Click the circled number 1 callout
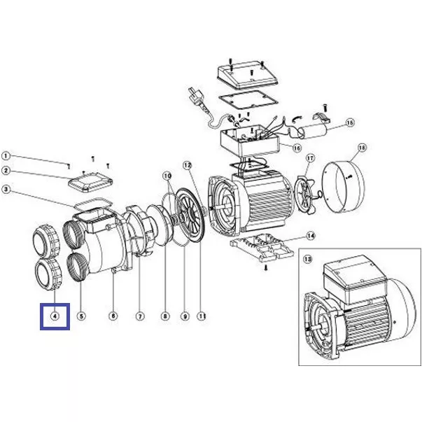pos(6,156)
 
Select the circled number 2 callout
pos(6,171)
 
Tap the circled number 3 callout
pos(6,190)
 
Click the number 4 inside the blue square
pos(55,316)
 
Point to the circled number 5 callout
pos(81,316)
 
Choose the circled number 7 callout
pos(140,316)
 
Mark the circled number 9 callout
pos(185,316)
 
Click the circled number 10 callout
pos(167,176)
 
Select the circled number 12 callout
pos(188,165)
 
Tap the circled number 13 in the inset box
pos(308,259)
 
